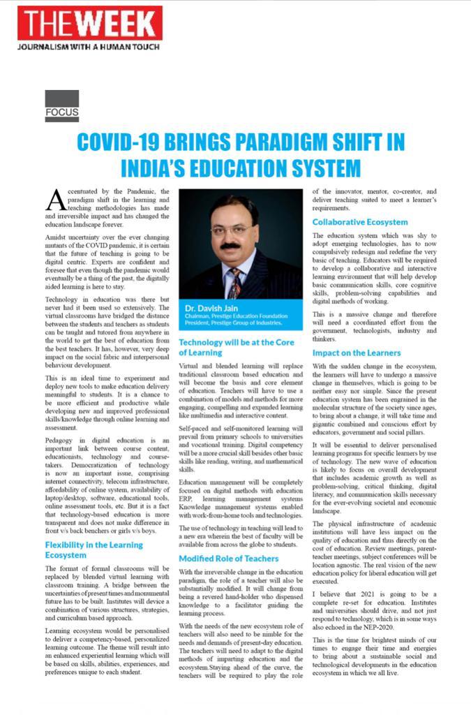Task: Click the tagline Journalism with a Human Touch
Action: click(x=88, y=47)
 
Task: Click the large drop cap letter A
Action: click(x=55, y=200)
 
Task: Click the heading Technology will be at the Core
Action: click(x=235, y=347)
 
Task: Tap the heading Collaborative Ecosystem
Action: click(x=360, y=222)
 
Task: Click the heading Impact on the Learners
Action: click(x=357, y=353)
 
